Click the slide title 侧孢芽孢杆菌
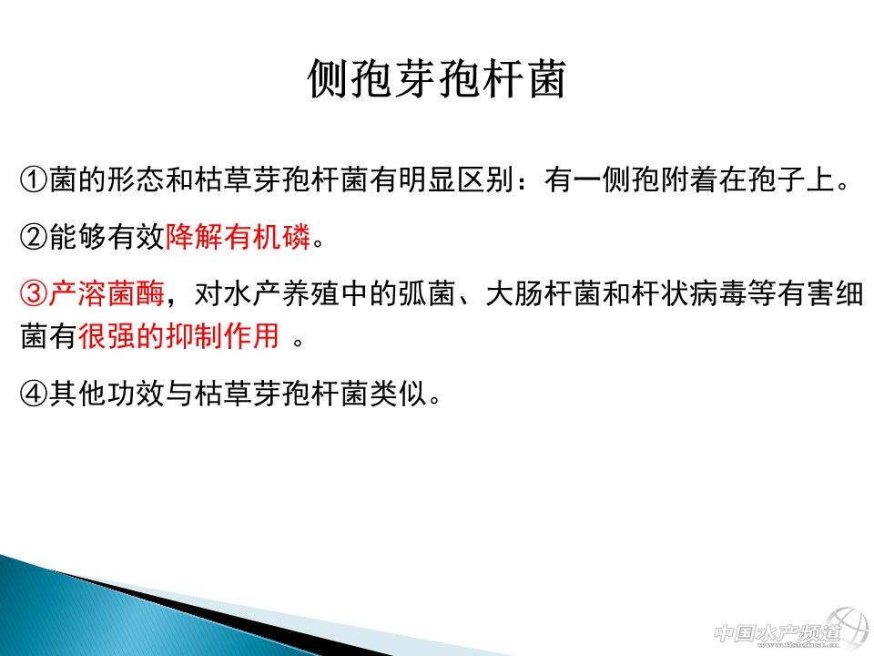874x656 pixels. click(x=437, y=78)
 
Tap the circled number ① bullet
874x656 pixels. click(x=34, y=179)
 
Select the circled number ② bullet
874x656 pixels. click(x=34, y=237)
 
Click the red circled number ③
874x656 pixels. click(x=34, y=293)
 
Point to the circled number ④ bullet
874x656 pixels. click(x=34, y=394)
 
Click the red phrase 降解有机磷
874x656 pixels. click(x=238, y=237)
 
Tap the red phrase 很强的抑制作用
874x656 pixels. click(x=179, y=336)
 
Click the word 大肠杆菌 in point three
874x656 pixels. click(x=544, y=293)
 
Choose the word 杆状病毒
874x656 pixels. click(x=689, y=293)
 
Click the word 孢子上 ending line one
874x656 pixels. click(x=791, y=179)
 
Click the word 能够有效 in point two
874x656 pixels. click(x=107, y=237)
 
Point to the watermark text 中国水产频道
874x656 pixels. click(x=777, y=633)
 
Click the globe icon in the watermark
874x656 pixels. click(x=848, y=627)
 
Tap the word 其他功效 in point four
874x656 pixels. click(x=107, y=394)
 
